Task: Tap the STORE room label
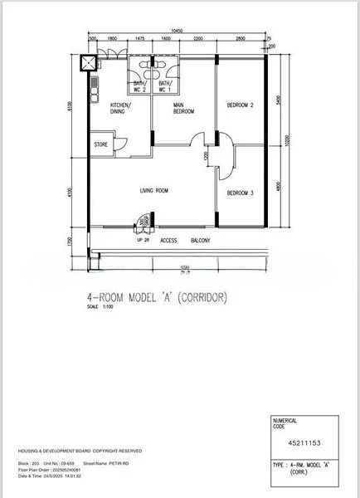tap(101, 144)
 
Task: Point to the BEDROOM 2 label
tap(240, 105)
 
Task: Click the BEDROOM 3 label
tap(240, 193)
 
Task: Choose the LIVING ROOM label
tap(154, 191)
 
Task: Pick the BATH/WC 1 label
tap(164, 86)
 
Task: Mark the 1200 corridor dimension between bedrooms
tap(207, 156)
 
